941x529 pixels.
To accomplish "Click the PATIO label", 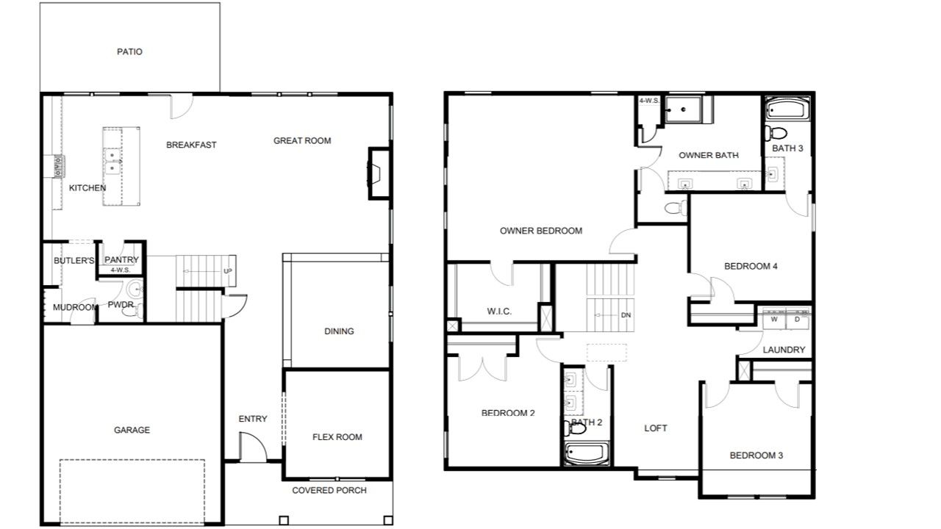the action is (x=129, y=51).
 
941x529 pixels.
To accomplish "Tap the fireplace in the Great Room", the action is (x=379, y=173).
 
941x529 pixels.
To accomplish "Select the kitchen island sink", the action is (x=112, y=162).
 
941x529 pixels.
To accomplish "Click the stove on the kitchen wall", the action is (x=58, y=166).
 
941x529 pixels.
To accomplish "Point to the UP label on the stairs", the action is (x=227, y=271).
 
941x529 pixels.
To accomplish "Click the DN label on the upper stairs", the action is (x=626, y=315).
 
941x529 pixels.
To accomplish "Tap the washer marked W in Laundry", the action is (x=774, y=319).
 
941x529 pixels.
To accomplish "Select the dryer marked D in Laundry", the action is (x=797, y=319).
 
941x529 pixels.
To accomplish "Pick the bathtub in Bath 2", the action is (x=587, y=453).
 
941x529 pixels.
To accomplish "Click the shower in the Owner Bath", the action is (x=684, y=109).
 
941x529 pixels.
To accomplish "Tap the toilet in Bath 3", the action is (x=776, y=134).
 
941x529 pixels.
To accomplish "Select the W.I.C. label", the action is (x=499, y=311).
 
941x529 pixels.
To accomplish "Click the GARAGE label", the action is (x=132, y=430).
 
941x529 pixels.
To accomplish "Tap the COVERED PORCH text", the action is (x=329, y=490).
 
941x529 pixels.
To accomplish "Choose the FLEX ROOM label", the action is (x=337, y=437).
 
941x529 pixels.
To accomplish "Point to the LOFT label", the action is (x=656, y=428).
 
